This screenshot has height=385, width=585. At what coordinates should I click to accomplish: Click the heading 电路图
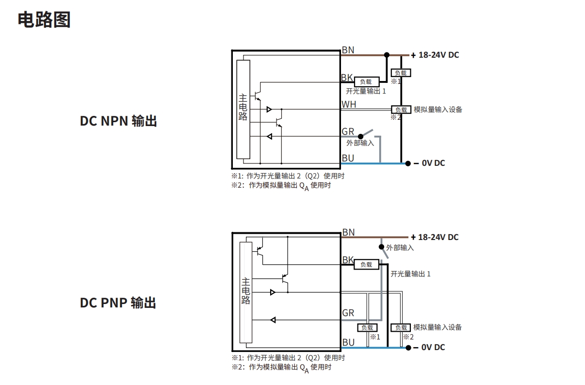(x=44, y=20)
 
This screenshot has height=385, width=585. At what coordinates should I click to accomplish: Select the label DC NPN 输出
(x=118, y=121)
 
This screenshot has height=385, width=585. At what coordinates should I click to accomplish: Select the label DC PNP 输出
(x=118, y=303)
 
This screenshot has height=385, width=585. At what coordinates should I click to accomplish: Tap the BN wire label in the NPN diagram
(x=348, y=50)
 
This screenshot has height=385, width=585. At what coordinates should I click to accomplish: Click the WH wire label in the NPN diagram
(x=348, y=104)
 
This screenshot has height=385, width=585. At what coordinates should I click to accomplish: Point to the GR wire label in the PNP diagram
(x=348, y=313)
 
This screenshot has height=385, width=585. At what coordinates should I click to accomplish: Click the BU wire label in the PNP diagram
(x=348, y=342)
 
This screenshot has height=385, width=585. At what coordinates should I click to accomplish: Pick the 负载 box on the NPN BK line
(x=366, y=82)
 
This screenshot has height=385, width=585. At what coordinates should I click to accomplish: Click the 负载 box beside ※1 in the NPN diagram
(x=401, y=73)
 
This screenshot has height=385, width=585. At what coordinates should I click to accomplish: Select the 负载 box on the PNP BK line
(x=366, y=264)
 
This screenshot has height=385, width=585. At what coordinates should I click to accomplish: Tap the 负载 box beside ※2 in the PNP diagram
(x=401, y=328)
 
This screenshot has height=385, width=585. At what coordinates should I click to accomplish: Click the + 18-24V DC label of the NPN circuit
(x=435, y=55)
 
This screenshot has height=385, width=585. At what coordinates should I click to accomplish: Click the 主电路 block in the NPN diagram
(x=243, y=110)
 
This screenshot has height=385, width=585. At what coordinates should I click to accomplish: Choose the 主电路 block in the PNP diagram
(x=246, y=292)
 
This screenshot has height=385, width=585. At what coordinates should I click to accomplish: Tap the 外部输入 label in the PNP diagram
(x=400, y=248)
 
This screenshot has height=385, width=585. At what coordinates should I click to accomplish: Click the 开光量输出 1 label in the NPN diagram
(x=366, y=91)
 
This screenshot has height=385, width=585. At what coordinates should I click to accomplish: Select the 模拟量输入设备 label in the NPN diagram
(x=438, y=110)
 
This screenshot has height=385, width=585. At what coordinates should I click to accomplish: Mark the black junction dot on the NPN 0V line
(x=408, y=163)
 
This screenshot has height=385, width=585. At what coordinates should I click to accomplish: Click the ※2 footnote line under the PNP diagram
(x=281, y=368)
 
